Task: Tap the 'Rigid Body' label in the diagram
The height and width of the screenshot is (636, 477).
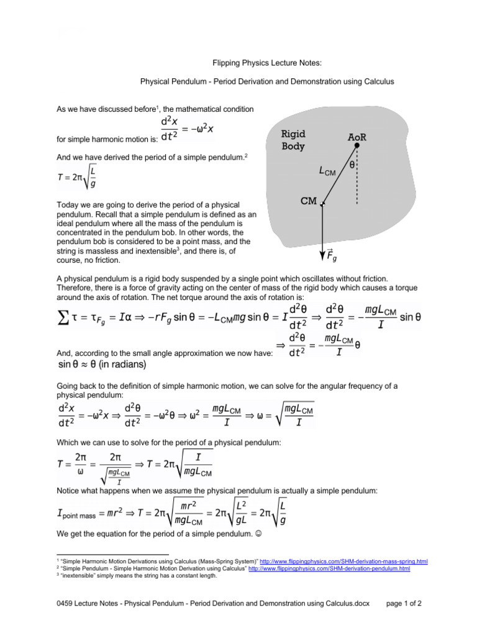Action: click(294, 140)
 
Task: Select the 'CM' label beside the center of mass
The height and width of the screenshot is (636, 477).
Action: click(309, 201)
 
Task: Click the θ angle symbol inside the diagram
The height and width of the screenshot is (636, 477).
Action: click(352, 165)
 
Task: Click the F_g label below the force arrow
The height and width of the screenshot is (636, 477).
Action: click(332, 257)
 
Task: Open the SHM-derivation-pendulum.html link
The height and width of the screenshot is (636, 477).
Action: click(329, 568)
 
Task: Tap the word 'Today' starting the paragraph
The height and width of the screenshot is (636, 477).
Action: click(67, 204)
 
